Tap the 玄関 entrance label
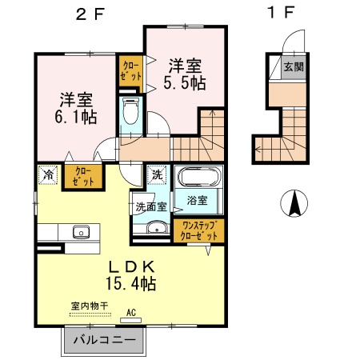click(294, 67)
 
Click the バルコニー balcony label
click(104, 341)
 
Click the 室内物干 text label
click(88, 306)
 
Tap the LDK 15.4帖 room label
click(129, 274)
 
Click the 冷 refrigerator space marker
click(49, 173)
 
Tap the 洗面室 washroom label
click(150, 206)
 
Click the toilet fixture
click(130, 113)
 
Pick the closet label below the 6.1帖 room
click(83, 175)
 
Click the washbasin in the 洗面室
click(152, 229)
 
